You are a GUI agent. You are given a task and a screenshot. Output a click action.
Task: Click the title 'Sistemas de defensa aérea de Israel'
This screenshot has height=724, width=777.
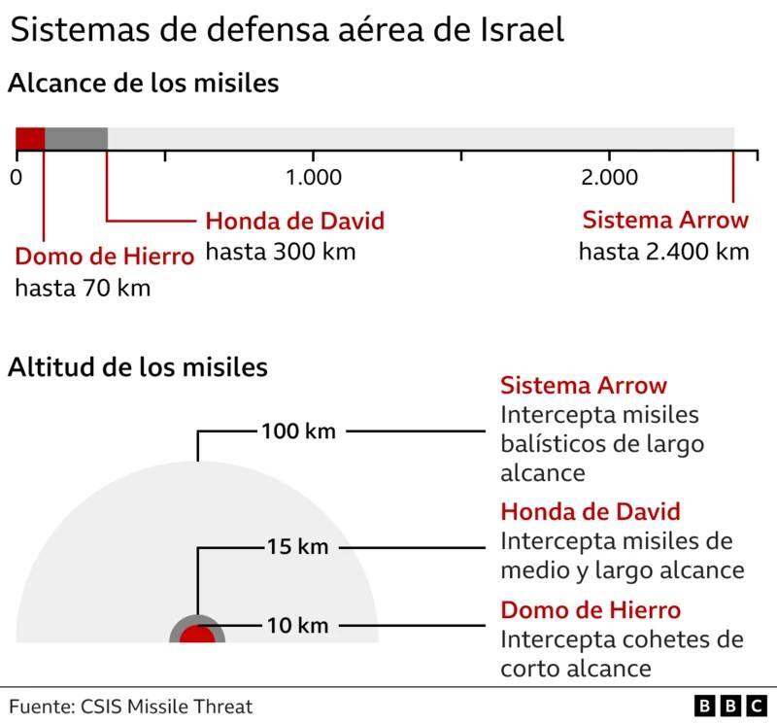[287, 31]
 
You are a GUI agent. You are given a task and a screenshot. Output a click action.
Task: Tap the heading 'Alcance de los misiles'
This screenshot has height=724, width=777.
[144, 84]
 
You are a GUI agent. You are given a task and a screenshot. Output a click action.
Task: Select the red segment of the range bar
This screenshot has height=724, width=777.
[30, 139]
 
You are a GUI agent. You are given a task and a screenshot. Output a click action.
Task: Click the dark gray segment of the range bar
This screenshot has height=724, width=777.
[76, 139]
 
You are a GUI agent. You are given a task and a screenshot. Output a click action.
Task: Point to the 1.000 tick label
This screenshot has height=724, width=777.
[314, 177]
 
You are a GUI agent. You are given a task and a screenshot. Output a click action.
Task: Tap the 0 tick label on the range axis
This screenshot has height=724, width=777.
[16, 177]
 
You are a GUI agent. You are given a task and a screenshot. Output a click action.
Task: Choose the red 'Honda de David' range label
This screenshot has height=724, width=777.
[295, 222]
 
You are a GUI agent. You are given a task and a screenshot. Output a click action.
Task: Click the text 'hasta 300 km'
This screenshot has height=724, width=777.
[281, 253]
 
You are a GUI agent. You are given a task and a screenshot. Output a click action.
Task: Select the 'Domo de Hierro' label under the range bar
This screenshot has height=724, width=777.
[105, 257]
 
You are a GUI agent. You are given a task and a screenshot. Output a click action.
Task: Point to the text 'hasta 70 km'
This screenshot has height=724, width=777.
[83, 288]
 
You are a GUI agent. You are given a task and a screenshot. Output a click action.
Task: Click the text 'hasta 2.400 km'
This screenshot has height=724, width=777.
[663, 253]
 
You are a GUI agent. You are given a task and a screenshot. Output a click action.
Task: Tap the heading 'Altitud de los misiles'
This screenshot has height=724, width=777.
[137, 368]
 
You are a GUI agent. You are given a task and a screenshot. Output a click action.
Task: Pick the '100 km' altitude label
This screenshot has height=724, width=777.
[298, 431]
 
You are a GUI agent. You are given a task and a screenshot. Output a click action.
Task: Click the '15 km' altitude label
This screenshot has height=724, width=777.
[298, 547]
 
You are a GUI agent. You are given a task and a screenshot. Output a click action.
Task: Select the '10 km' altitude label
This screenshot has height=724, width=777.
[298, 625]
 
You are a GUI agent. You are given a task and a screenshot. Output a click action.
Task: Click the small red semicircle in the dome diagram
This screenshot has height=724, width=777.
[197, 635]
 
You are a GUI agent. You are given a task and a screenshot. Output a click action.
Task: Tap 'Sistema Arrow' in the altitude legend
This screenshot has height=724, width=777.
[583, 386]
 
